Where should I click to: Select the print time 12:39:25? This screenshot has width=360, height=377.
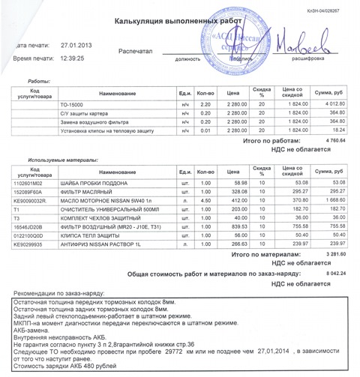coord(75,58)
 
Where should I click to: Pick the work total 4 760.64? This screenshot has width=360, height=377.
coord(330,140)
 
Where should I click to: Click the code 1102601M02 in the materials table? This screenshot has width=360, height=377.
coord(30,181)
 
